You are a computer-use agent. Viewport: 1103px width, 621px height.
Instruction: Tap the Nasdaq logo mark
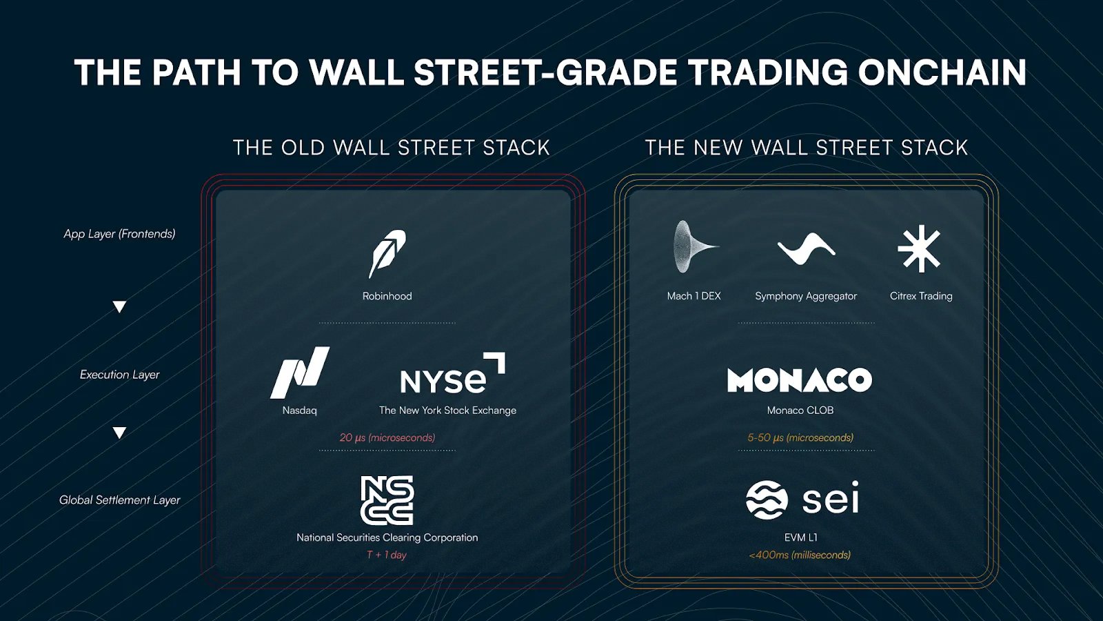[x=299, y=373]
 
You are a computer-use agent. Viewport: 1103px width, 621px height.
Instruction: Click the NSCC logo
[x=387, y=500]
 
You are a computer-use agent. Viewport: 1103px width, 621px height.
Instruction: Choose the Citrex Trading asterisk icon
[x=920, y=249]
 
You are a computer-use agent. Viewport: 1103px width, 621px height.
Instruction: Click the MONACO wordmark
[x=800, y=379]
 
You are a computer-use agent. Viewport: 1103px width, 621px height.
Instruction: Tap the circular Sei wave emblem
[x=767, y=500]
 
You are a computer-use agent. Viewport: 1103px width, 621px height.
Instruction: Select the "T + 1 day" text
[x=387, y=555]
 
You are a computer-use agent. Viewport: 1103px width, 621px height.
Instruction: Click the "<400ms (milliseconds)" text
[x=800, y=555]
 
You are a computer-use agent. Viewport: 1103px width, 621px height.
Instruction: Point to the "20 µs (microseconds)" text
[x=387, y=437]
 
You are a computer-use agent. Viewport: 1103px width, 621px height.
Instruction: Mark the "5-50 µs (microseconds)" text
[x=800, y=437]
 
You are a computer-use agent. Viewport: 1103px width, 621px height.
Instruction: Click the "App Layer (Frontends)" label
[x=120, y=234]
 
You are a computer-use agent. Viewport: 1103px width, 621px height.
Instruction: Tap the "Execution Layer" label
[x=120, y=375]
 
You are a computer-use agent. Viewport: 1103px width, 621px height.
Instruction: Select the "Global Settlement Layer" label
[x=120, y=500]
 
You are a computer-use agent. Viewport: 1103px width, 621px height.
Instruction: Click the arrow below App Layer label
[x=120, y=306]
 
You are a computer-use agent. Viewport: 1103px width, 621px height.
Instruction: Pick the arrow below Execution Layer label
[x=120, y=433]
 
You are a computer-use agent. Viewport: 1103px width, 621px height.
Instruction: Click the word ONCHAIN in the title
[x=942, y=72]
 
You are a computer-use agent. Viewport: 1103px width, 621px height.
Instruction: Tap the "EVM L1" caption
[x=800, y=538]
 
